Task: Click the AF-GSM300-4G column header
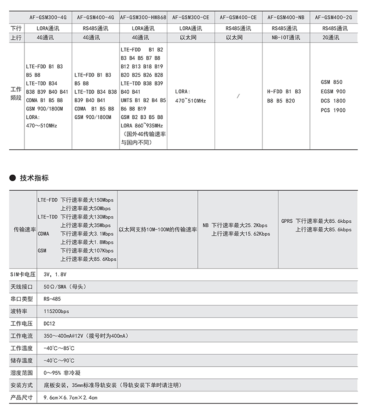48,17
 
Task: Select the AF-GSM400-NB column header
286,17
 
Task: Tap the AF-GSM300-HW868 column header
143,17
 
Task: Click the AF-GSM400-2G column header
333,17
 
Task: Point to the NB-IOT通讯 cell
286,37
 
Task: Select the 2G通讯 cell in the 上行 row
333,37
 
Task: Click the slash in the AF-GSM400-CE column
238,96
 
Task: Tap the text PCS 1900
333,110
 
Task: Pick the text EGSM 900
333,91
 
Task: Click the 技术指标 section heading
34,178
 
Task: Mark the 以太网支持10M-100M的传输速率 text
158,229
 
